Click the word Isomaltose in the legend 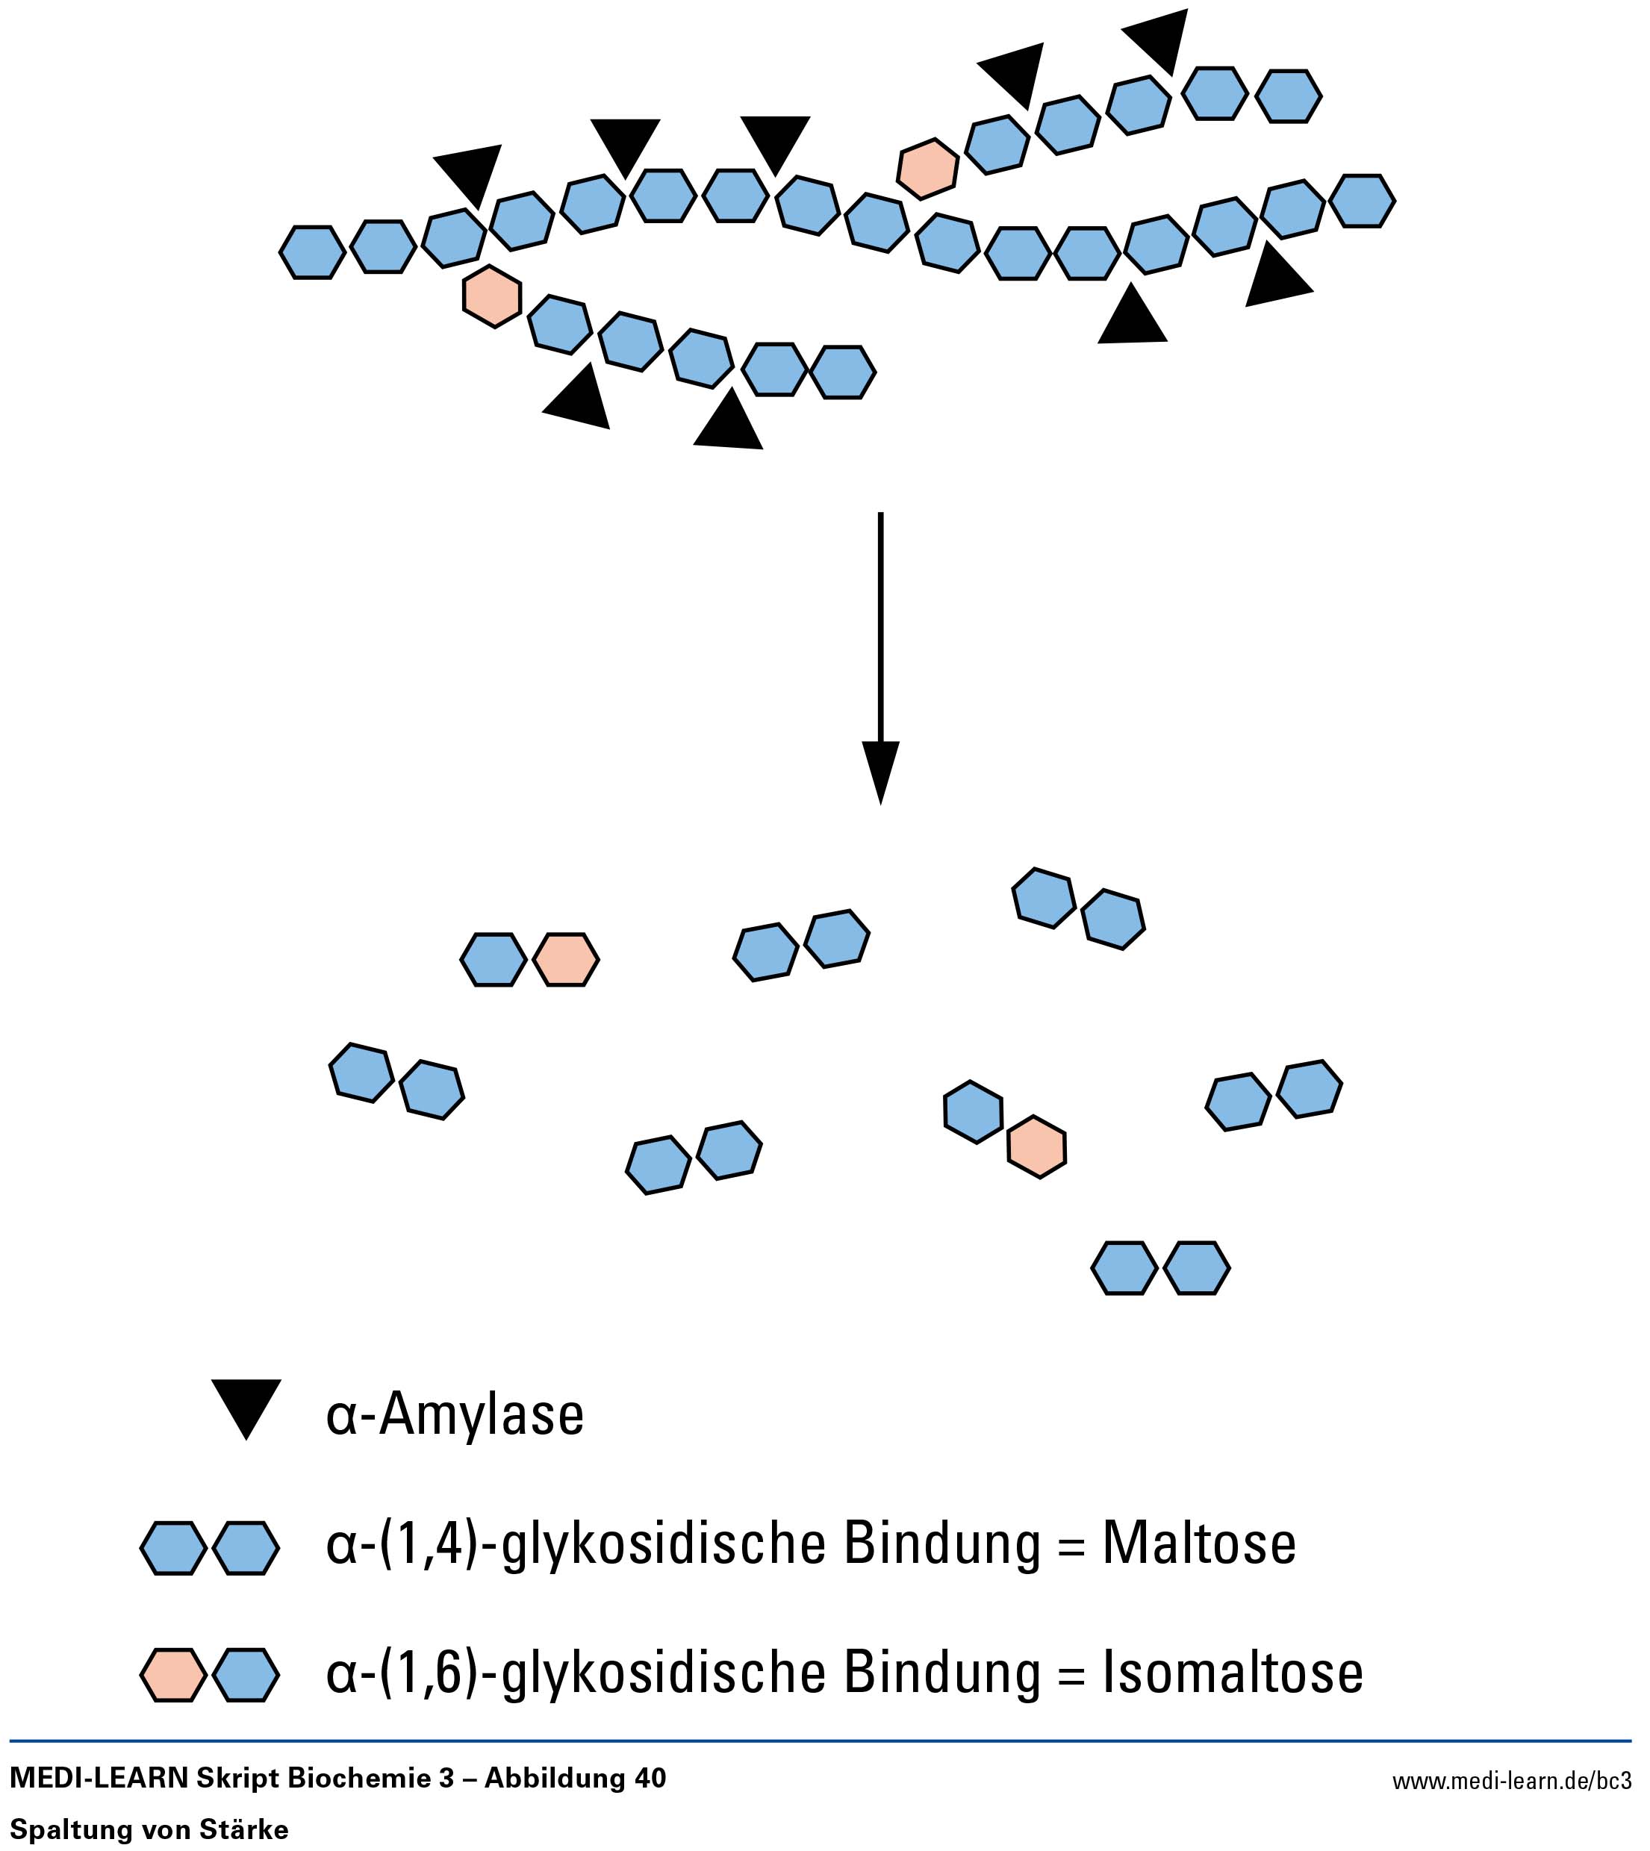[1232, 1673]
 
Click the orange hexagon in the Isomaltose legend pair [172, 1674]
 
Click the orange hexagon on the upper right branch [927, 169]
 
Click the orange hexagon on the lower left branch [492, 296]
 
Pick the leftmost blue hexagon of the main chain [312, 252]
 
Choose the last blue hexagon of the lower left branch [842, 372]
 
